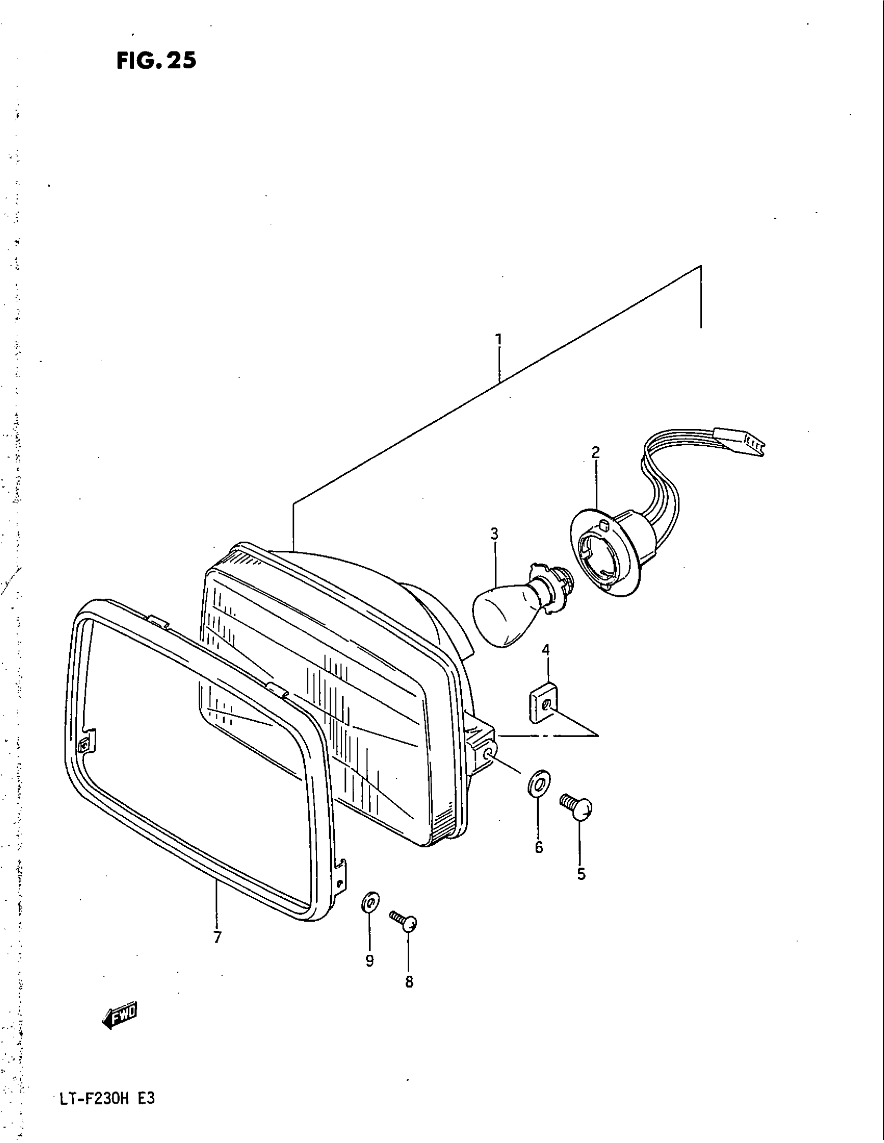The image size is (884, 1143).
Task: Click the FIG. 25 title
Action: (x=156, y=61)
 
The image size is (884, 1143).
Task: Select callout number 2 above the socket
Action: (x=595, y=452)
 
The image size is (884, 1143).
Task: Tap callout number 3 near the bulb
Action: (x=494, y=534)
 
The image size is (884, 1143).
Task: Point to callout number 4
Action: (x=545, y=650)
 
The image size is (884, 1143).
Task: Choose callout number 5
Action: (x=581, y=874)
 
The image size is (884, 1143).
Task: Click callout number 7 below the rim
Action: (x=218, y=937)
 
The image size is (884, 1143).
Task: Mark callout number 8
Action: (x=409, y=983)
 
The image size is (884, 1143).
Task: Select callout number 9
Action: (x=370, y=961)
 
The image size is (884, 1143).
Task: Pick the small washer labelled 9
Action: (x=370, y=902)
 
